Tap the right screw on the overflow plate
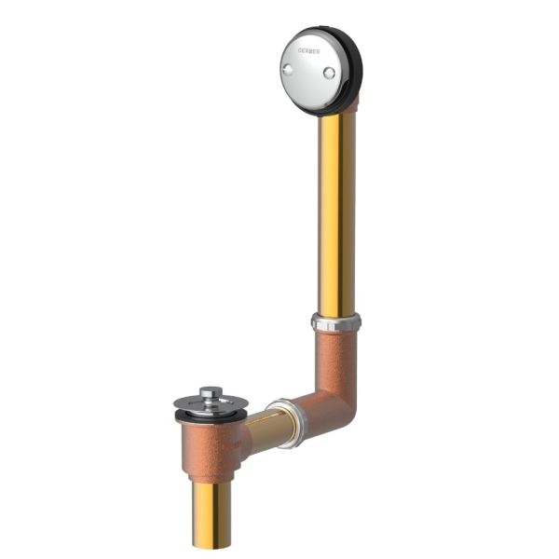(x=328, y=72)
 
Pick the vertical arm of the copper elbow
(x=336, y=359)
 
